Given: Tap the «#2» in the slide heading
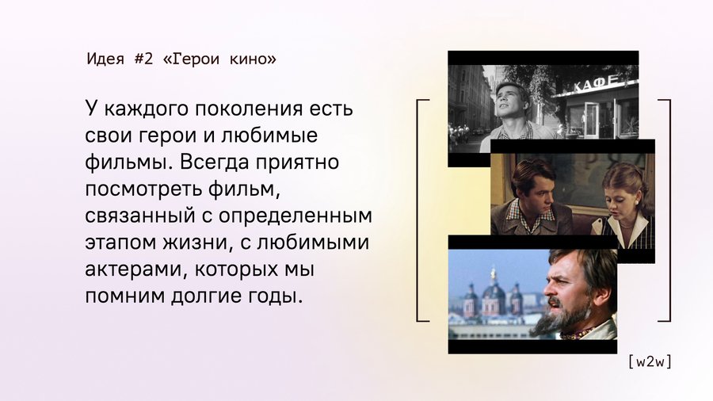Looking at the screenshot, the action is coord(143,59).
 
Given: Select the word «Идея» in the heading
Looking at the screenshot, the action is coord(105,59).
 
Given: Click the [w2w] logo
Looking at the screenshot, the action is coord(650,362).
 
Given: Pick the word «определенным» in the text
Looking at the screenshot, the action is coord(295,216).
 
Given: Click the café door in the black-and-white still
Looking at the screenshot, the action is coord(592,119).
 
